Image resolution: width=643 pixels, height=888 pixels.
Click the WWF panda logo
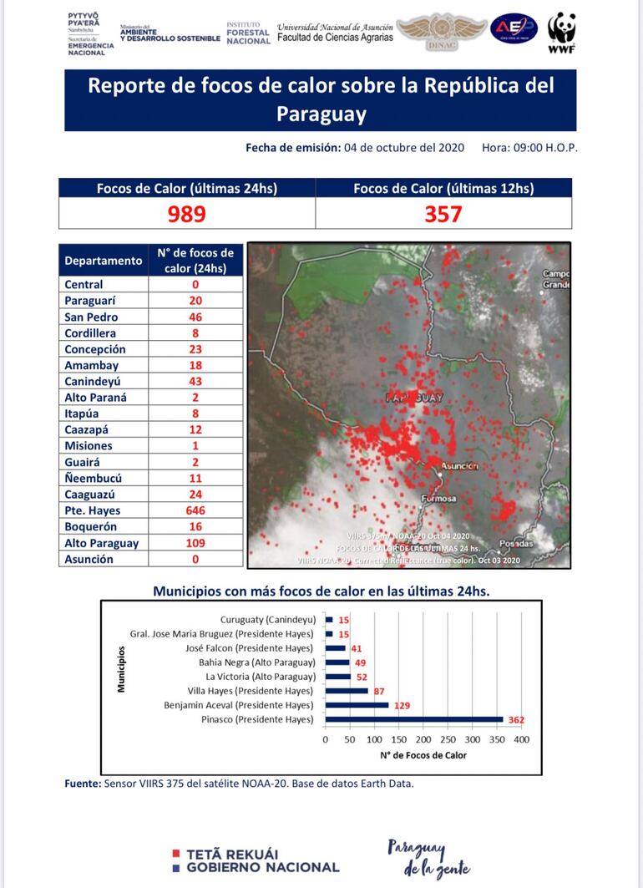pyautogui.click(x=561, y=33)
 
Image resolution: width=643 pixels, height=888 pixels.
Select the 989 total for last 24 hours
pyautogui.click(x=186, y=215)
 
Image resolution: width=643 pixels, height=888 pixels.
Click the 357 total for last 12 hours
pyautogui.click(x=443, y=215)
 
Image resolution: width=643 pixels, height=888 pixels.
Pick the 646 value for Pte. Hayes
pyautogui.click(x=195, y=510)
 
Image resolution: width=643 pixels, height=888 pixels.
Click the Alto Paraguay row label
pyautogui.click(x=102, y=543)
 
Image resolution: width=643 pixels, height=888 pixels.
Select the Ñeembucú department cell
pyautogui.click(x=93, y=479)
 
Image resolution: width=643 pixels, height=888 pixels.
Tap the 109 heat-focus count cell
pyautogui.click(x=195, y=543)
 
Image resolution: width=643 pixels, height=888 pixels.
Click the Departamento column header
pyautogui.click(x=104, y=260)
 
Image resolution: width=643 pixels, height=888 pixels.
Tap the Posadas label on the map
pyautogui.click(x=515, y=544)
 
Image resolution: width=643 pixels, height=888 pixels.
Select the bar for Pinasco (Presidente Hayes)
pyautogui.click(x=413, y=719)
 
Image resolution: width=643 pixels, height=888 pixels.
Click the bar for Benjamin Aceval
pyautogui.click(x=357, y=705)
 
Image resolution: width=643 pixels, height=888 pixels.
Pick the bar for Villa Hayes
pyautogui.click(x=347, y=691)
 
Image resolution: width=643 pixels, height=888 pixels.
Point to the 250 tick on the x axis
pyautogui.click(x=448, y=739)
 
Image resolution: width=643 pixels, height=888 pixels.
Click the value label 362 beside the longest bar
pyautogui.click(x=515, y=719)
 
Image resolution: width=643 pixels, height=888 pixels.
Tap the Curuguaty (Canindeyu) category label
pyautogui.click(x=266, y=620)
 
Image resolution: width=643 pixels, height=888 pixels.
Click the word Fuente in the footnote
pyautogui.click(x=82, y=784)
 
